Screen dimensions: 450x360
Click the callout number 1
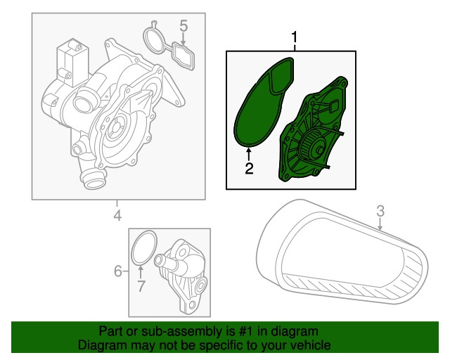(295, 37)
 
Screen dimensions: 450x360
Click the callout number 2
(248, 169)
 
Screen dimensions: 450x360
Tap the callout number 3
(380, 210)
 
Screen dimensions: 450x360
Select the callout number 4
(118, 215)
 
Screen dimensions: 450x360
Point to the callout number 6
(118, 270)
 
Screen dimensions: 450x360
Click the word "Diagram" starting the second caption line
(99, 345)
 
